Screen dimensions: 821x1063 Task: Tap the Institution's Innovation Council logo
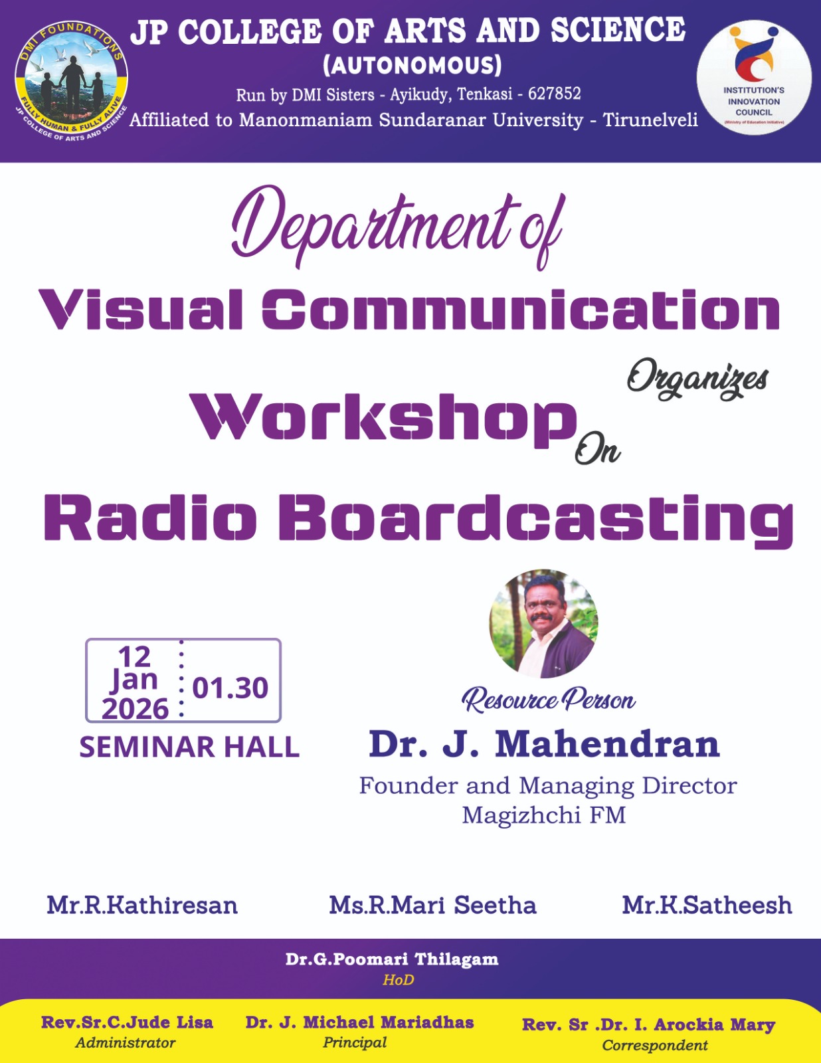click(753, 77)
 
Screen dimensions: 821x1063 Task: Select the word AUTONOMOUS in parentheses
click(412, 65)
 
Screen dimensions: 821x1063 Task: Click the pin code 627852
click(554, 93)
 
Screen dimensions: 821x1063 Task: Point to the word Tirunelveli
click(650, 120)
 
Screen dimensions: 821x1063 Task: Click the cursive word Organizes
click(697, 380)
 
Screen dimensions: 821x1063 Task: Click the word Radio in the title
click(150, 517)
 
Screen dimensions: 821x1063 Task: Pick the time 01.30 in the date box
click(230, 688)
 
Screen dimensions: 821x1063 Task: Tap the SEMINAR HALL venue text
click(189, 747)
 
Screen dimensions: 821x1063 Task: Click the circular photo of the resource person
click(544, 623)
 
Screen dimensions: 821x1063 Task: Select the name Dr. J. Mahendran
click(544, 744)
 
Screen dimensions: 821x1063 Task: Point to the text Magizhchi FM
click(544, 815)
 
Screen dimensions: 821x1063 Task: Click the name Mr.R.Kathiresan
click(142, 905)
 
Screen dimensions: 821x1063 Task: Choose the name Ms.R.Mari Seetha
click(432, 905)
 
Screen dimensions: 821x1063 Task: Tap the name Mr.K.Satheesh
click(707, 905)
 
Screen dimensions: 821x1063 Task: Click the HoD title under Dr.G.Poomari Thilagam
click(398, 980)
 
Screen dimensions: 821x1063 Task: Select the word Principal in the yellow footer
click(355, 1042)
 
